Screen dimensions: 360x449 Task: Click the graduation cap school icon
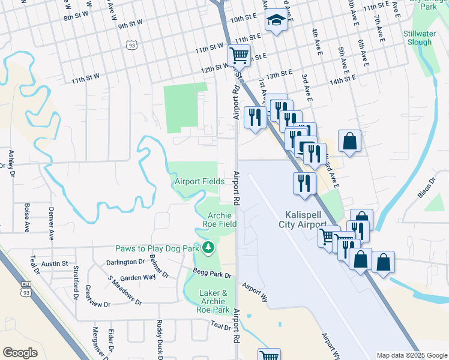tap(276, 20)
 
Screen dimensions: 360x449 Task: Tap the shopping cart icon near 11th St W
tap(239, 56)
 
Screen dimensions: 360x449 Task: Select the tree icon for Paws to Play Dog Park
tap(208, 247)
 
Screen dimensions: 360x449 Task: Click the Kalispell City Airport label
tap(304, 220)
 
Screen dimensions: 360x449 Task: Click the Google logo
tap(20, 352)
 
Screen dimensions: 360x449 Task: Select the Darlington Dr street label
tap(125, 262)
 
